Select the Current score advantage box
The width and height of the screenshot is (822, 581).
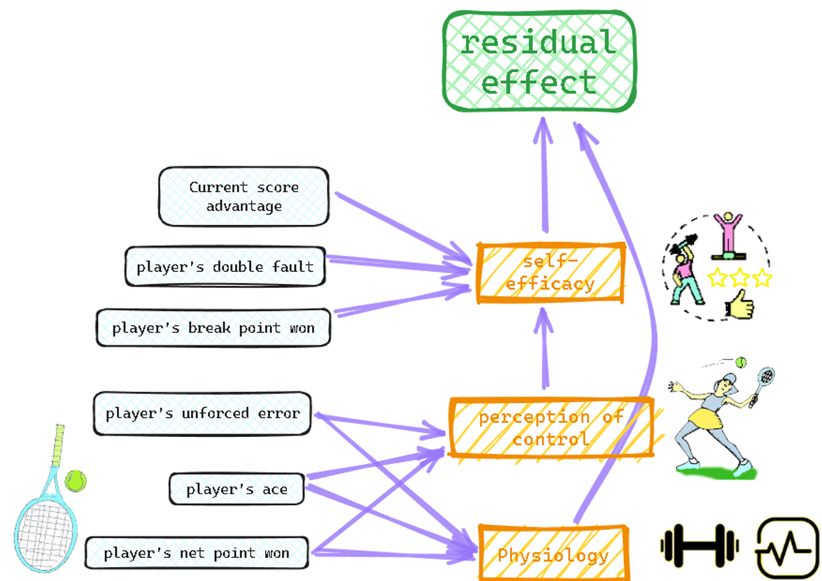(x=243, y=196)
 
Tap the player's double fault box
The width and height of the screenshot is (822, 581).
(x=225, y=266)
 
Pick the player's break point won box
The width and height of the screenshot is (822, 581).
(x=213, y=328)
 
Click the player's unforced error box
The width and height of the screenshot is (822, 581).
(x=202, y=413)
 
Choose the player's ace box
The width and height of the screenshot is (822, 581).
(x=237, y=489)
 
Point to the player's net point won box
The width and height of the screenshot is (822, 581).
(x=197, y=553)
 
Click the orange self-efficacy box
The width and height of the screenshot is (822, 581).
(x=550, y=273)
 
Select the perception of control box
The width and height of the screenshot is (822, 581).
(x=550, y=428)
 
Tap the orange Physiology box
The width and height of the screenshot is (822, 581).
(x=553, y=555)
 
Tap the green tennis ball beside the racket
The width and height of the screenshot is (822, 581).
(x=76, y=480)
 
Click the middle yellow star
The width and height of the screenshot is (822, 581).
(x=739, y=279)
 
